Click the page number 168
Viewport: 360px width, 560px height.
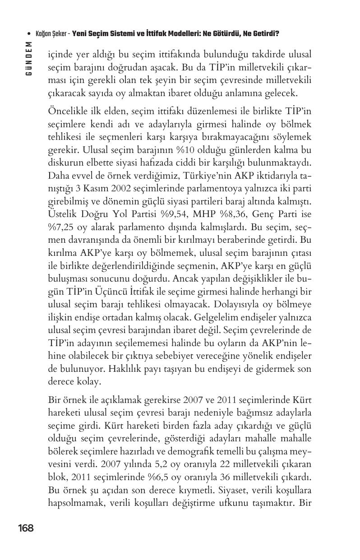click(x=26, y=528)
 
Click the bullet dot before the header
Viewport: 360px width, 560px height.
click(x=28, y=34)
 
